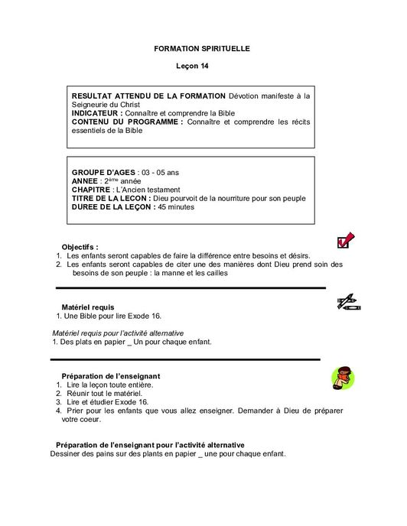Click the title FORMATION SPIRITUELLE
click(202, 48)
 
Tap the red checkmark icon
click(344, 241)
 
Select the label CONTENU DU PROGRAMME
click(127, 121)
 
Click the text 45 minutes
click(176, 206)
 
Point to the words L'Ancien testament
click(147, 189)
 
